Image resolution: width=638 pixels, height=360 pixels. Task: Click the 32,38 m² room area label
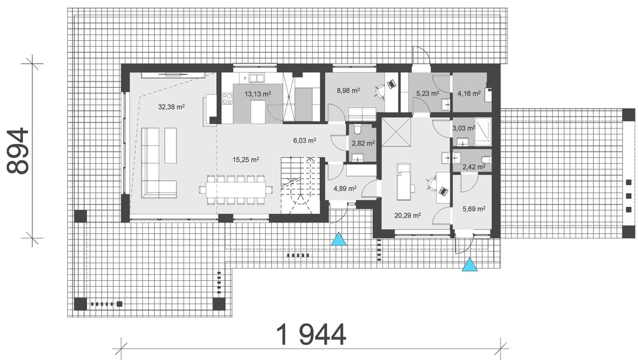tap(171, 107)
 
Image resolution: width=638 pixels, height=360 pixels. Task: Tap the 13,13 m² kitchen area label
tap(258, 94)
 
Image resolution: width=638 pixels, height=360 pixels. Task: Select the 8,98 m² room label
tap(348, 91)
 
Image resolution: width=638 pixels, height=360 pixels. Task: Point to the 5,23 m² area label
tap(427, 94)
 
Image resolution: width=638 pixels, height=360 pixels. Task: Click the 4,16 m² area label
tap(469, 94)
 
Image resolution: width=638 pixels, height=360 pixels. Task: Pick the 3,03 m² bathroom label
tap(463, 128)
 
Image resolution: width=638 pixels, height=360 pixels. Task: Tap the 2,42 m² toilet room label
tap(473, 167)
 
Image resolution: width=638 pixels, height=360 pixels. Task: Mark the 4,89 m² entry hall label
tap(345, 188)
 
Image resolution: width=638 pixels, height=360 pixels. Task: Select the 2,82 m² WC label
tap(363, 143)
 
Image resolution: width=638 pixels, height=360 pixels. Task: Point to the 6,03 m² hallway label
tap(304, 141)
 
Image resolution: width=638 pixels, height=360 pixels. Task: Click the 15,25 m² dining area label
tap(246, 160)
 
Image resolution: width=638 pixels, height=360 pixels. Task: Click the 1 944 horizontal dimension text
tap(311, 334)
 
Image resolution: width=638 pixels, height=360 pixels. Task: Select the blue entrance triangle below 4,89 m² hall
tap(340, 239)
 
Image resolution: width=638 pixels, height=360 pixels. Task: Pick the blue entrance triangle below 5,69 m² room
tap(470, 264)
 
